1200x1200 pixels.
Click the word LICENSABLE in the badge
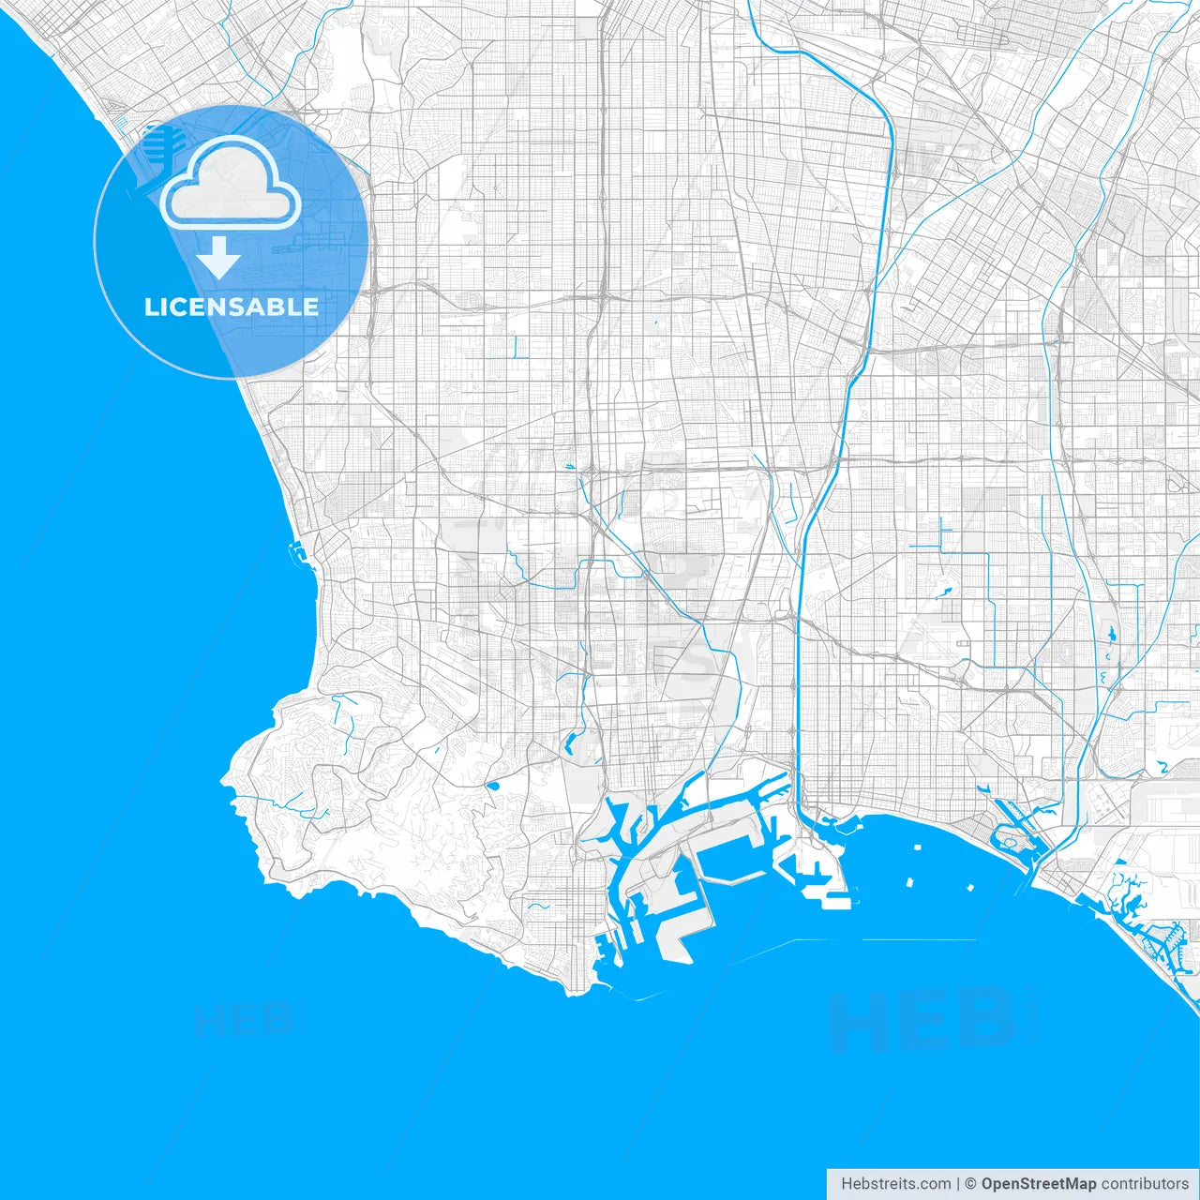(x=232, y=307)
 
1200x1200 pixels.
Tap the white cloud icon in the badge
(x=231, y=183)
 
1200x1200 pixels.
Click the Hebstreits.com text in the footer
(x=895, y=1184)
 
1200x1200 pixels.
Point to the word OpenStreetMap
(x=1039, y=1184)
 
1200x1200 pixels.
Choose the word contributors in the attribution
(x=1145, y=1184)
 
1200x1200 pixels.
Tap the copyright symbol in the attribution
(x=971, y=1184)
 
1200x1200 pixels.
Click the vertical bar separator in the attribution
(x=958, y=1184)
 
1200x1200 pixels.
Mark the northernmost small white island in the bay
(x=916, y=847)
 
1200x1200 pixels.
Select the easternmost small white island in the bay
(x=967, y=886)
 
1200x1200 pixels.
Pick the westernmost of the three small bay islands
(x=909, y=882)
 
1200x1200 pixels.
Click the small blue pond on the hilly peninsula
(x=492, y=785)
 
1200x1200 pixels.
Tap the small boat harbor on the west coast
(x=298, y=552)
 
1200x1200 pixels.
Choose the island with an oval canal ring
(x=1010, y=841)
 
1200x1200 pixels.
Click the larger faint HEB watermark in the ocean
(x=923, y=1022)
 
